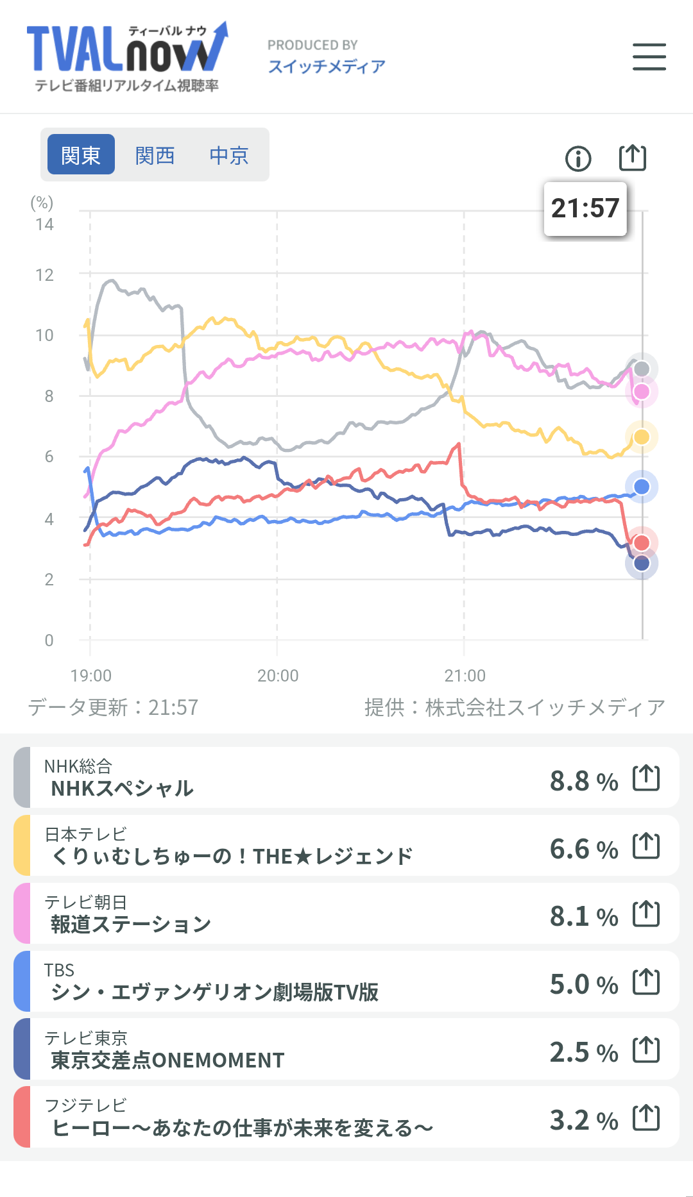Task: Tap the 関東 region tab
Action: [x=81, y=155]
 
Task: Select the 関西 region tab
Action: [x=155, y=155]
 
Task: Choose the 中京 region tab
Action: [x=228, y=155]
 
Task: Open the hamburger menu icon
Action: [x=649, y=57]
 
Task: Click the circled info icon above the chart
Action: [x=578, y=158]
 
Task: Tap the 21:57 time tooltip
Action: [x=585, y=208]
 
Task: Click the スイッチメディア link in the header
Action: [x=327, y=66]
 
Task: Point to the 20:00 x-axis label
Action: [x=278, y=676]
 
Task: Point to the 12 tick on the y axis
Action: [x=45, y=275]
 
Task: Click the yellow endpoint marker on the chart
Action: [x=642, y=437]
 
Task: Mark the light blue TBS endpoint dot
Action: [x=642, y=487]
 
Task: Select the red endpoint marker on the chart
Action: [x=642, y=543]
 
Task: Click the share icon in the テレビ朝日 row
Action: [x=646, y=914]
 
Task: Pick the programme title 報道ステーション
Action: [x=131, y=924]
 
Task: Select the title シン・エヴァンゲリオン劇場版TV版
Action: [x=214, y=992]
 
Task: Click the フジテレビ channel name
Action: [x=85, y=1105]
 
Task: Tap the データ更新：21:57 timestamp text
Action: [x=113, y=707]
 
